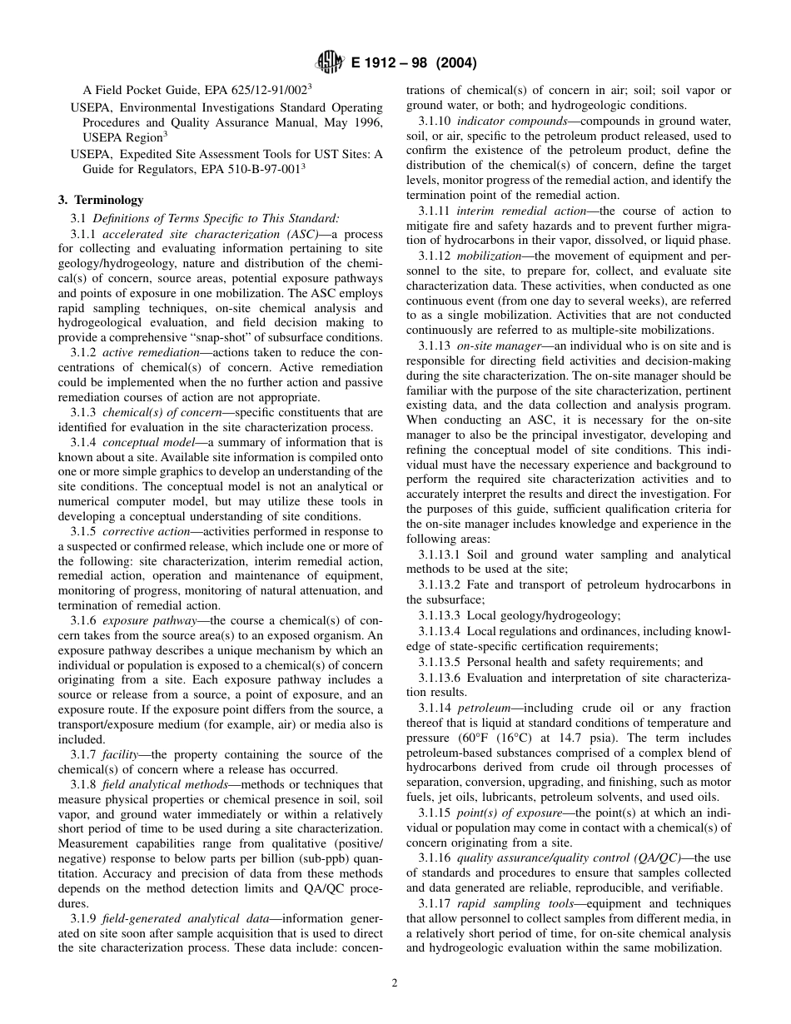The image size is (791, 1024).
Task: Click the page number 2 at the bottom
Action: pos(395,982)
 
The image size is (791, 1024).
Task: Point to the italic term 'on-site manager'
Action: pos(498,345)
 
